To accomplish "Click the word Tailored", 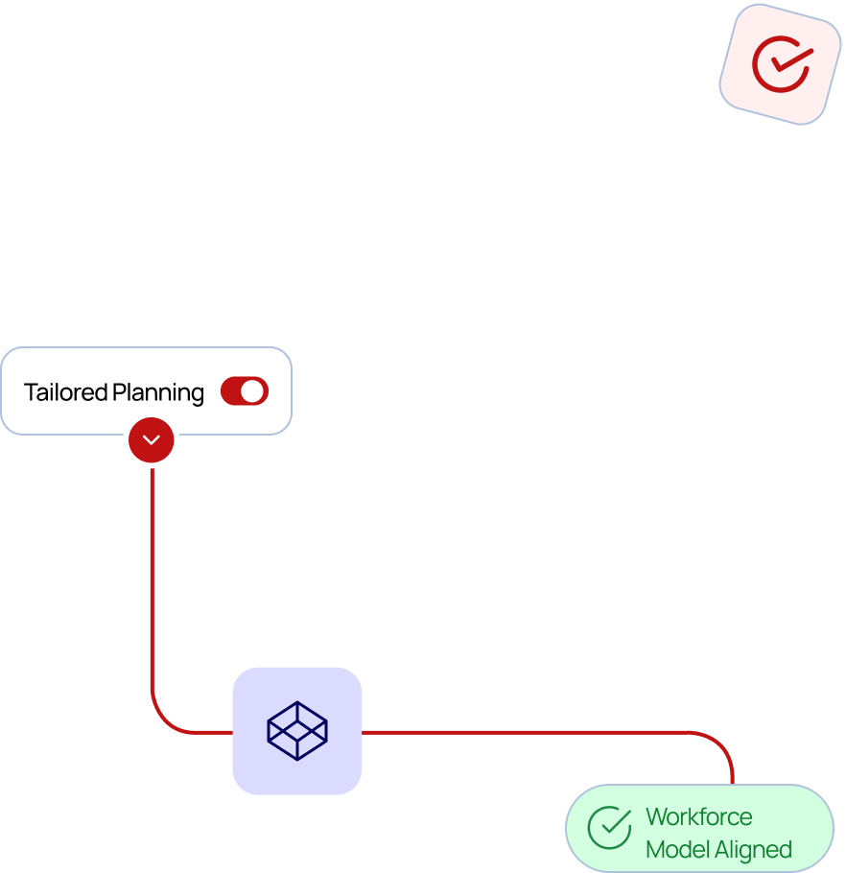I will click(65, 392).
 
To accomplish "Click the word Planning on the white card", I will click(158, 392).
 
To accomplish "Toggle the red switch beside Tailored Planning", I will click(245, 391).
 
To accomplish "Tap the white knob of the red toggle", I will click(252, 391).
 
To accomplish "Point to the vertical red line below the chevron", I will click(152, 576).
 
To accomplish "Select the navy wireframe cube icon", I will click(297, 731).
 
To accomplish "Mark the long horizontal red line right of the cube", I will click(528, 732).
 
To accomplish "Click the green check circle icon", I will click(609, 828).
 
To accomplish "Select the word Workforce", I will click(698, 817).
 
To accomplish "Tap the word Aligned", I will click(753, 850).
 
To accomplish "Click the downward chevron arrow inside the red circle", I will click(152, 440).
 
